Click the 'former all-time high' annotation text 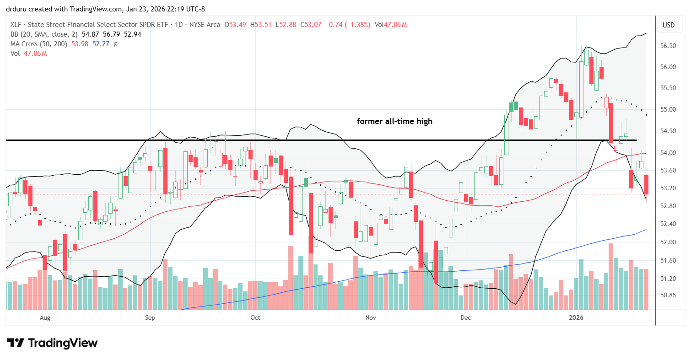coord(394,122)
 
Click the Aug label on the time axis coord(44,317)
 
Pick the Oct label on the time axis coord(255,317)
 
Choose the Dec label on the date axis coord(466,317)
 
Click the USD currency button coord(669,25)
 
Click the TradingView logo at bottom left coord(52,343)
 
